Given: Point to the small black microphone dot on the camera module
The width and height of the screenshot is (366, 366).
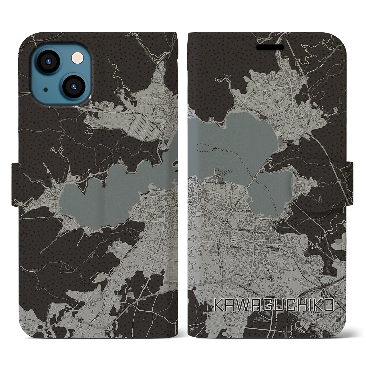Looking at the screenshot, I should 45,90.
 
